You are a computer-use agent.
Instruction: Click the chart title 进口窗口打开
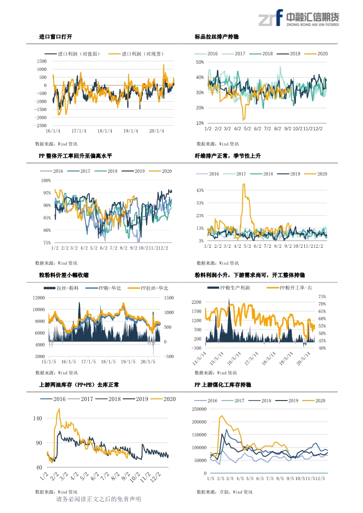click(55, 37)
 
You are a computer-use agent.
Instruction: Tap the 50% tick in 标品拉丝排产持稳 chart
click(200, 62)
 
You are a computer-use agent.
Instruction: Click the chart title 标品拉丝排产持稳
click(217, 37)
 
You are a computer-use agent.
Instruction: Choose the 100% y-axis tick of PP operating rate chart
click(46, 181)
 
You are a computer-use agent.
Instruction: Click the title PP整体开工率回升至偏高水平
click(75, 156)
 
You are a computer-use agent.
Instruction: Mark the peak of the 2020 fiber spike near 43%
click(244, 184)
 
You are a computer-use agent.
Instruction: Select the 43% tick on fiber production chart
click(200, 190)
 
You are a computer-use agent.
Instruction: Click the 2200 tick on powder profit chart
click(197, 302)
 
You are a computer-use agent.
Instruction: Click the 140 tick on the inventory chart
click(37, 418)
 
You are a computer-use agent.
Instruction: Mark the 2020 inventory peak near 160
click(59, 409)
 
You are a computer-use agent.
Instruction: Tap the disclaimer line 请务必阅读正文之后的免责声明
click(98, 499)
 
